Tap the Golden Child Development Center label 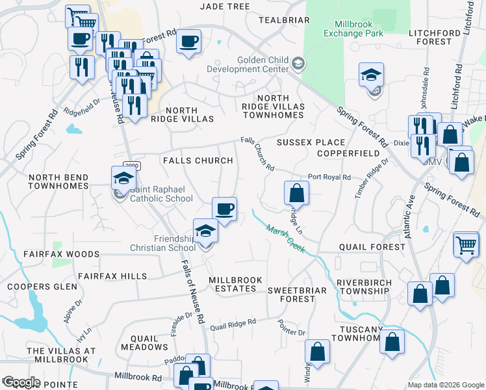click(x=248, y=64)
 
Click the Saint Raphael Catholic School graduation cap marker click(x=123, y=178)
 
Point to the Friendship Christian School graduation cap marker click(x=205, y=231)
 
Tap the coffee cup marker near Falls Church click(x=225, y=209)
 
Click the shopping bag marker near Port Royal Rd click(x=296, y=193)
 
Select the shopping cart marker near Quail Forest click(x=466, y=245)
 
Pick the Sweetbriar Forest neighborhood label click(x=292, y=294)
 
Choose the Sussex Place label click(x=301, y=142)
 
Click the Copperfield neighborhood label click(x=348, y=153)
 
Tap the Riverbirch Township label click(x=363, y=287)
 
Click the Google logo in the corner click(x=21, y=382)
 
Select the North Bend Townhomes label click(x=58, y=181)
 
